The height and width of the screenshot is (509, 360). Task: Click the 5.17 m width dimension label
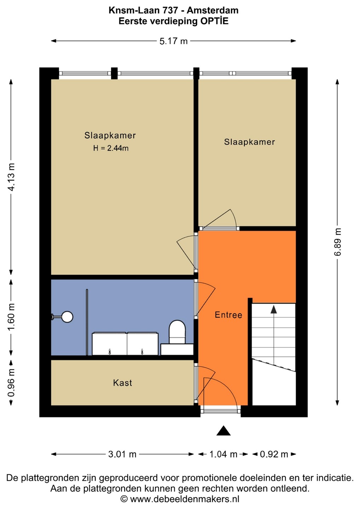pyautogui.click(x=173, y=41)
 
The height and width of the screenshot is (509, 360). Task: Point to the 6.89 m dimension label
pyautogui.click(x=337, y=242)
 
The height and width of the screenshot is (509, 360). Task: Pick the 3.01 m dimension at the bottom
pyautogui.click(x=122, y=454)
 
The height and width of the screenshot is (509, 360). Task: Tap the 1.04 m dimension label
pyautogui.click(x=223, y=454)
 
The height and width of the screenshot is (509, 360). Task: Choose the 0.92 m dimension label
pyautogui.click(x=274, y=454)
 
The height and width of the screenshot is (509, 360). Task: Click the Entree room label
pyautogui.click(x=228, y=315)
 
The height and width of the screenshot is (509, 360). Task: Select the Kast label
pyautogui.click(x=122, y=383)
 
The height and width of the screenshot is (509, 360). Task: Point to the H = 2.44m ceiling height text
pyautogui.click(x=111, y=148)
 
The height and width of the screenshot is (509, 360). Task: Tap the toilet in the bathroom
pyautogui.click(x=177, y=332)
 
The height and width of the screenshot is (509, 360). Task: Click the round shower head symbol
pyautogui.click(x=68, y=317)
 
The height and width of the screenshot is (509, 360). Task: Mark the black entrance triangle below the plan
pyautogui.click(x=223, y=430)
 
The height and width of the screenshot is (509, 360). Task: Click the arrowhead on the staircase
pyautogui.click(x=274, y=310)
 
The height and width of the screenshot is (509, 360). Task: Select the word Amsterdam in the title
pyautogui.click(x=213, y=11)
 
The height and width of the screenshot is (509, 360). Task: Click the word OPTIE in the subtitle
pyautogui.click(x=214, y=21)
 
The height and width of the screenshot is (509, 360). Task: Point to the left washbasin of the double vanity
pyautogui.click(x=109, y=344)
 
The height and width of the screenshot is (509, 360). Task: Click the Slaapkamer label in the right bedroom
pyautogui.click(x=250, y=142)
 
